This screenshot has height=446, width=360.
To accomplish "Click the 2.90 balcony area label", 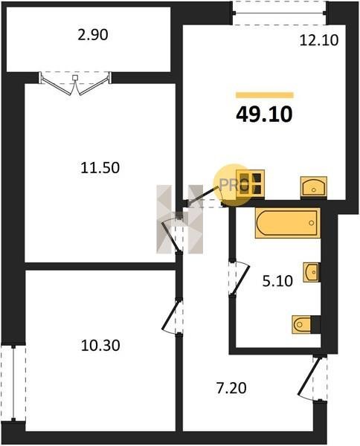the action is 93,35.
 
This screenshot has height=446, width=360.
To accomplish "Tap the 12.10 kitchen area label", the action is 319,40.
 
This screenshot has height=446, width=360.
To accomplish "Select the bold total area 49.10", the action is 264,114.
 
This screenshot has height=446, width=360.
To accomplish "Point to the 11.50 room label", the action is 100,167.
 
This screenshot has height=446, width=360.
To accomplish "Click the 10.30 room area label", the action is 100,346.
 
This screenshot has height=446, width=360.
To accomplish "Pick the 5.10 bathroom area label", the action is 277,281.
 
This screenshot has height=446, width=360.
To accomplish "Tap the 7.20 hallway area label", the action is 231,388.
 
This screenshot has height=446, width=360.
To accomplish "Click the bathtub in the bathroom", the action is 288,223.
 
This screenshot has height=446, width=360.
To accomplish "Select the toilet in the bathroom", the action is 306,324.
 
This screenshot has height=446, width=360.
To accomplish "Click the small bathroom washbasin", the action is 311,272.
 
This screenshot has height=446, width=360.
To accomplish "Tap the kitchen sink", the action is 314,187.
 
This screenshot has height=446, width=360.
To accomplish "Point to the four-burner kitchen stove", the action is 251,183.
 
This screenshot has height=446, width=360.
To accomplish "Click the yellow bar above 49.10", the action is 264,95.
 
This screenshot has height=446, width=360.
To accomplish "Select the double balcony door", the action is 75,83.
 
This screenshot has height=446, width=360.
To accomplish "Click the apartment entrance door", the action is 313,379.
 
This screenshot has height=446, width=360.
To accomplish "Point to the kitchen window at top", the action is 280,13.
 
